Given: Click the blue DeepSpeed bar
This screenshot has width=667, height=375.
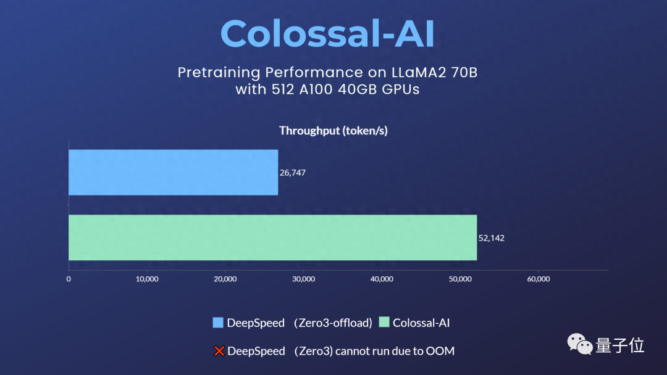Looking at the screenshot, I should pos(173,172).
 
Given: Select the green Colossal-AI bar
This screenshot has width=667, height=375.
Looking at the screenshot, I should pos(272,237).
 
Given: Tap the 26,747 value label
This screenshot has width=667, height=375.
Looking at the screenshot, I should pos(293,173).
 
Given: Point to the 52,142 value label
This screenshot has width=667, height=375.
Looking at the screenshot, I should pos(492,238).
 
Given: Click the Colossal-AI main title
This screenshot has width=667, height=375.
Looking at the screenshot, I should pos(327,34).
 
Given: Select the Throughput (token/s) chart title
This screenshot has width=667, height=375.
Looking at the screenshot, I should pos(333,131).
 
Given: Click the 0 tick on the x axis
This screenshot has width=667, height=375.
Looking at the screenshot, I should pos(69,279).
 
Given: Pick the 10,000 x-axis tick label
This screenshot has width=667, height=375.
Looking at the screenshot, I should pos(146,279).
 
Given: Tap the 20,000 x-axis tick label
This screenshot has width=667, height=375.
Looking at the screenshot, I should pos(225,279).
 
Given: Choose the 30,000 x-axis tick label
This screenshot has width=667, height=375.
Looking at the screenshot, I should pos(303,279).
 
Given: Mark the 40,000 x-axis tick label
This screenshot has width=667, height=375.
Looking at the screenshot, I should pos(382,279).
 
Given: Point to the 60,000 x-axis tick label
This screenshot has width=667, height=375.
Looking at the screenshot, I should pos(538,279).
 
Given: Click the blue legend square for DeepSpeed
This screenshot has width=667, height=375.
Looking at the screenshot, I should pos(217,323).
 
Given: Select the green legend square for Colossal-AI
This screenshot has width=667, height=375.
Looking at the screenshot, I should pos(384,323).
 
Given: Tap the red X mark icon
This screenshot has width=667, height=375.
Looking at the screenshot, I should pos(219,352).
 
